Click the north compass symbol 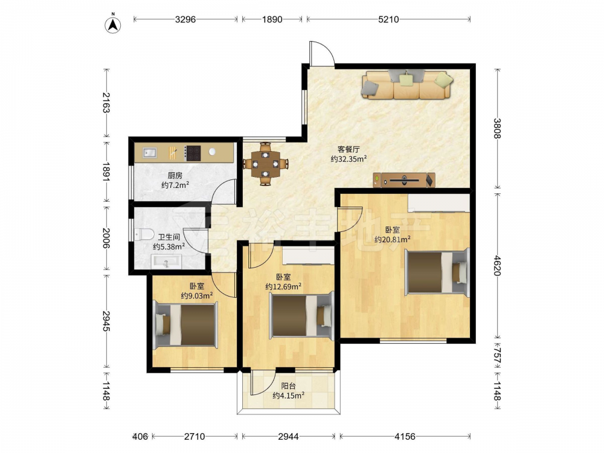point(113,24)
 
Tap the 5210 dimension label point(388,19)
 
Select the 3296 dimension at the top point(185,19)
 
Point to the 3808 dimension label point(497,129)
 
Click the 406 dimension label point(140,437)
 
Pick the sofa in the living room point(407,85)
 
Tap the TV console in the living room point(404,180)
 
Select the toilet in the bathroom point(144,234)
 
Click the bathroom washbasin point(166,262)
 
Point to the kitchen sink point(149,153)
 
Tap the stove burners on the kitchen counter point(193,153)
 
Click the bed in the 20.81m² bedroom point(437,273)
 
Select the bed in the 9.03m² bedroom point(185,325)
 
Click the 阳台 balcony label point(288,386)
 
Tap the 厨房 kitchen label point(175,176)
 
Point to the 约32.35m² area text point(349,159)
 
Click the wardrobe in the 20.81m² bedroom point(439,203)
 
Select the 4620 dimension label point(497,266)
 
